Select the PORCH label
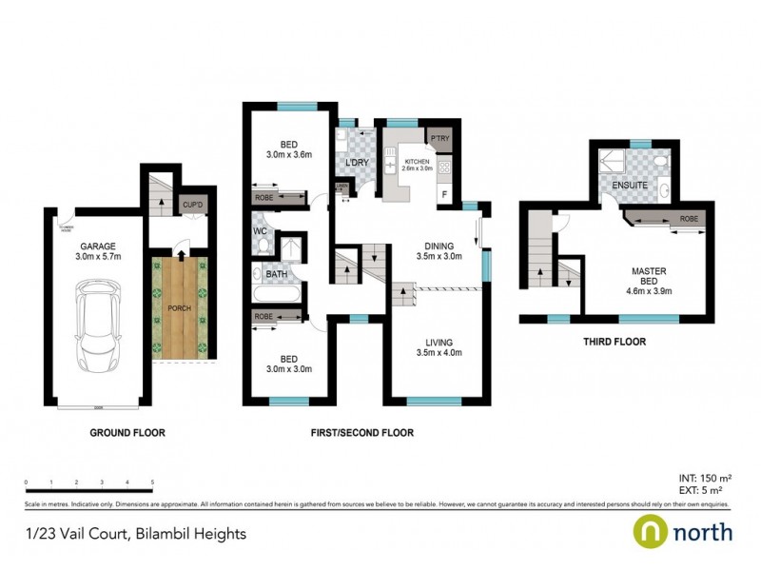click(181, 308)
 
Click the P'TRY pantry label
click(439, 140)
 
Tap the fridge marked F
click(442, 195)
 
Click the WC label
click(260, 231)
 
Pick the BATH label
click(276, 275)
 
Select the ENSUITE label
click(631, 184)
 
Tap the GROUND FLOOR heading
click(127, 432)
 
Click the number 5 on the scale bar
click(153, 482)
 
